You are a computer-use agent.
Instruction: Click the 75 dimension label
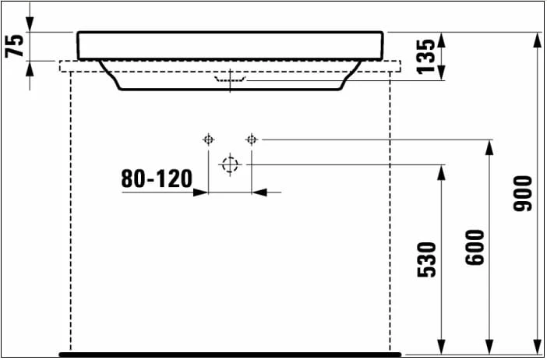[x=14, y=45]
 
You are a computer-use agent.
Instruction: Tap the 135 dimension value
[x=426, y=56]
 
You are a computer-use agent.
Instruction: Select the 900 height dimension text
[x=522, y=193]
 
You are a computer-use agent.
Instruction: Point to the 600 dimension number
[x=475, y=247]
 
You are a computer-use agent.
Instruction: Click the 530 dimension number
[x=427, y=260]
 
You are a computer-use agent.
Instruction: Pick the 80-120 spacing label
[x=157, y=179]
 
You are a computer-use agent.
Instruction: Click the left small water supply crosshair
[x=208, y=140]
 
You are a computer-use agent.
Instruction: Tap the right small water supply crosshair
[x=251, y=140]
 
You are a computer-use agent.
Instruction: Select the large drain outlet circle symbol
[x=230, y=164]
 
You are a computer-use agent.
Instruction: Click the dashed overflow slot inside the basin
[x=230, y=79]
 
